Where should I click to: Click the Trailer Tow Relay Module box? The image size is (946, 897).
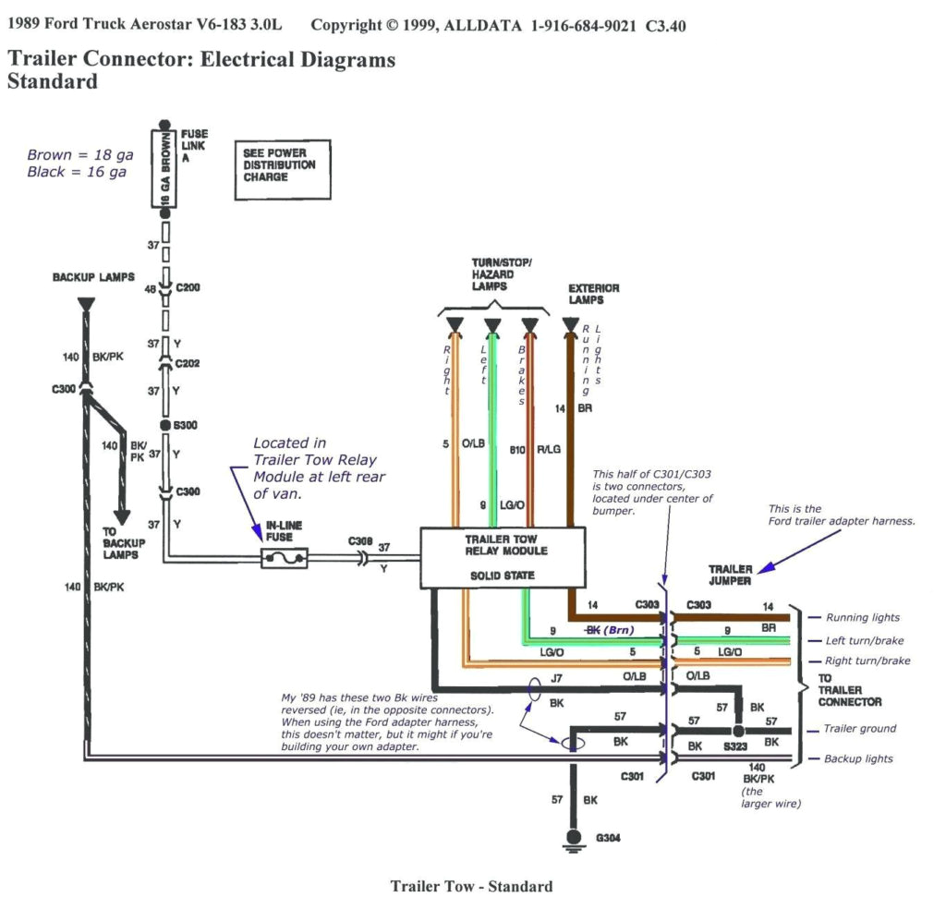pos(503,557)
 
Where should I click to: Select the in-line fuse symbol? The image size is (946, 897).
pos(284,558)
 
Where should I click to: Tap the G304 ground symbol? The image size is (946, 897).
pos(573,839)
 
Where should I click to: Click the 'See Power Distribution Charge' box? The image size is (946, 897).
pos(281,170)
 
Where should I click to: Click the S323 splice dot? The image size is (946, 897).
pos(738,730)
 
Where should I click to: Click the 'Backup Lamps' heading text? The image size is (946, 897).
pos(93,277)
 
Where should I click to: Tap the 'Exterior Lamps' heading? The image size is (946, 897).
pos(593,294)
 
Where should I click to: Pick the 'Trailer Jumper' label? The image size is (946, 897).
pos(731,575)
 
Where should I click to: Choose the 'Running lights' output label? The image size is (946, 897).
pos(862,617)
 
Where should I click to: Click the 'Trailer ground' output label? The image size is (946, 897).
pos(859,729)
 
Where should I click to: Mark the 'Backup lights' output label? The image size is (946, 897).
pos(859,758)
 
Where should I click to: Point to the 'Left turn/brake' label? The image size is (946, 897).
pos(865,640)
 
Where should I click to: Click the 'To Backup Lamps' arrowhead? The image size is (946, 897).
pos(122,517)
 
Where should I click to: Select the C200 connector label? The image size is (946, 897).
pos(188,287)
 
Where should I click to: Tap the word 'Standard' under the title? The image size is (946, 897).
pos(52,81)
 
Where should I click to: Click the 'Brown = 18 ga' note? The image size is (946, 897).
pos(80,155)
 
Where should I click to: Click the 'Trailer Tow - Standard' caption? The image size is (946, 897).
pos(471,886)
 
